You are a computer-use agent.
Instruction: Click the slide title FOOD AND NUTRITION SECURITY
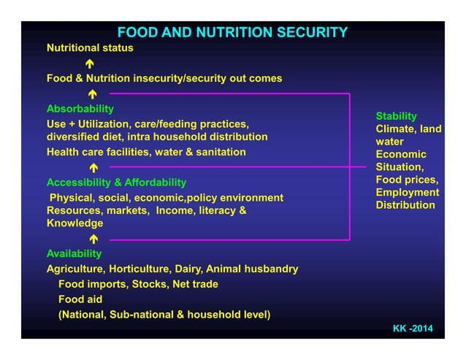pyautogui.click(x=232, y=32)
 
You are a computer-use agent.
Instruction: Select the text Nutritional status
pyautogui.click(x=90, y=48)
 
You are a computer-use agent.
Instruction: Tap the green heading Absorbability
pyautogui.click(x=80, y=109)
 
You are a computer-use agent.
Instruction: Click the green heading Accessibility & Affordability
pyautogui.click(x=116, y=182)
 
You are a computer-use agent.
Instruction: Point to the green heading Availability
pyautogui.click(x=74, y=253)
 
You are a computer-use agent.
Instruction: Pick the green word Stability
pyautogui.click(x=396, y=116)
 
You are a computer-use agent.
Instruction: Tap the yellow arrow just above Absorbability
pyautogui.click(x=92, y=94)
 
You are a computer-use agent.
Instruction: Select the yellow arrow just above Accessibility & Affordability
pyautogui.click(x=93, y=168)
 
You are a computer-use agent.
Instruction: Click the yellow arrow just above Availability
pyautogui.click(x=93, y=239)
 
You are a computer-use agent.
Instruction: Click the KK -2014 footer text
pyautogui.click(x=413, y=329)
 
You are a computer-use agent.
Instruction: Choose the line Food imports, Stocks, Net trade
pyautogui.click(x=138, y=284)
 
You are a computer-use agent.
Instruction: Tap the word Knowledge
pyautogui.click(x=75, y=223)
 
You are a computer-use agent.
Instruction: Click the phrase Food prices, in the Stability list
pyautogui.click(x=407, y=180)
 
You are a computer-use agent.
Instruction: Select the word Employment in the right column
pyautogui.click(x=408, y=193)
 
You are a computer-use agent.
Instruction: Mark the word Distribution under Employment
pyautogui.click(x=405, y=205)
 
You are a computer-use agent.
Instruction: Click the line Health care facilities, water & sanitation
pyautogui.click(x=146, y=152)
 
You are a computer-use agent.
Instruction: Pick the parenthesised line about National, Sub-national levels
pyautogui.click(x=164, y=315)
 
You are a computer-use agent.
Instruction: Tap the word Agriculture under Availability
pyautogui.click(x=75, y=269)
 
